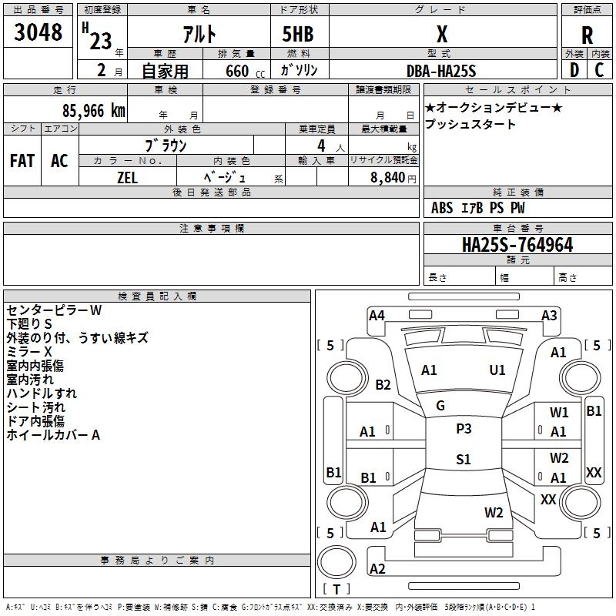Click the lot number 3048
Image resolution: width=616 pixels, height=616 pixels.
[38, 32]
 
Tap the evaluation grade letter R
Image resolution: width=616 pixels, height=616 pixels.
[587, 35]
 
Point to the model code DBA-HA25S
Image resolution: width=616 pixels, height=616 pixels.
[441, 71]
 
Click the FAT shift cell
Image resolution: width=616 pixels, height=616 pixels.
[22, 161]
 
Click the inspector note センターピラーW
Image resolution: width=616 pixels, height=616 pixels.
[54, 310]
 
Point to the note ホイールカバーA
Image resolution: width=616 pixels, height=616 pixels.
[54, 435]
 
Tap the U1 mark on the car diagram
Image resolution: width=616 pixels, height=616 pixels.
[497, 370]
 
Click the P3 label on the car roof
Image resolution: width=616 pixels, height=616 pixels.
[464, 429]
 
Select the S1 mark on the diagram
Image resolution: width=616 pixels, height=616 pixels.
[464, 460]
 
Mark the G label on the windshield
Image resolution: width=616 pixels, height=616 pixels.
[440, 406]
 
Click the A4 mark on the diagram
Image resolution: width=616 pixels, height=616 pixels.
[377, 315]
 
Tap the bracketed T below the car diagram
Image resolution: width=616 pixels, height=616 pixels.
[336, 589]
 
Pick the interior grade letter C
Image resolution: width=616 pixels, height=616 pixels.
[599, 70]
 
